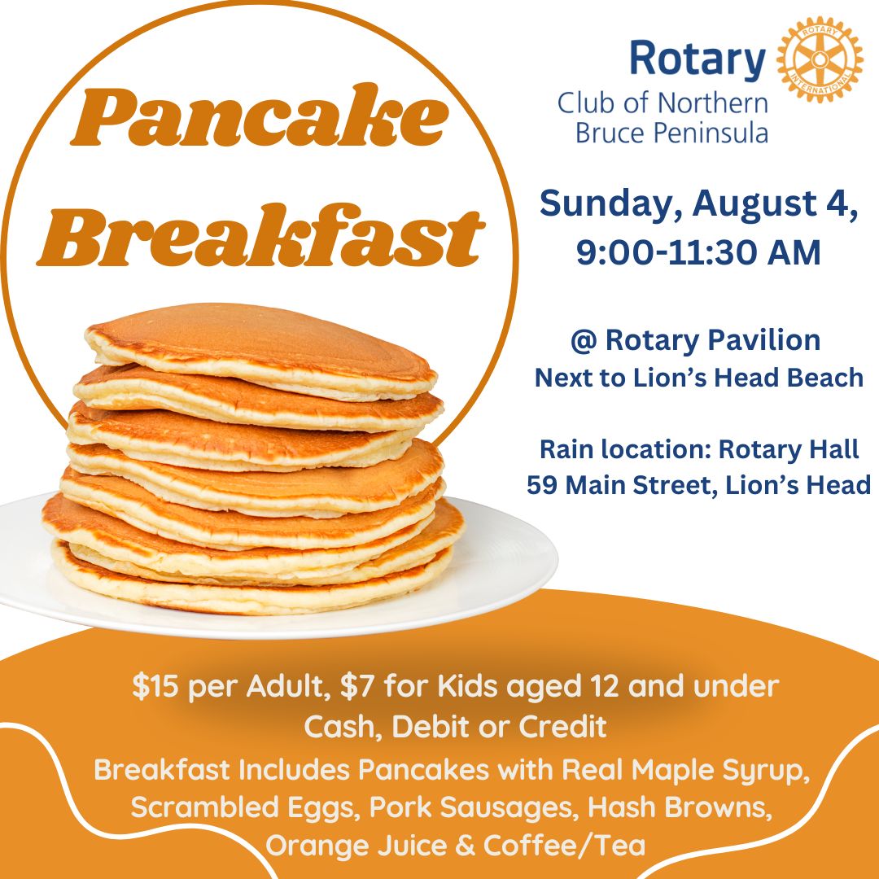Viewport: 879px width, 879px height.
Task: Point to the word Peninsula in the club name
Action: [x=716, y=133]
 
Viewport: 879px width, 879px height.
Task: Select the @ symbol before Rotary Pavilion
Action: [x=584, y=341]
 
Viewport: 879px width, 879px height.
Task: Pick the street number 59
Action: [x=543, y=485]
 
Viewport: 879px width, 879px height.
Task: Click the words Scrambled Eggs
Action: [x=244, y=808]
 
